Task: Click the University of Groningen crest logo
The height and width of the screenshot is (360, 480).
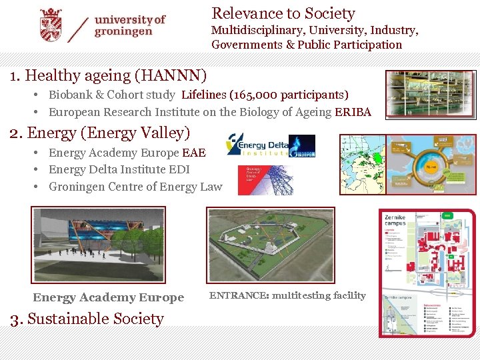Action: (x=50, y=25)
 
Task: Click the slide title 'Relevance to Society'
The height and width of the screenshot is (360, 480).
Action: (x=283, y=13)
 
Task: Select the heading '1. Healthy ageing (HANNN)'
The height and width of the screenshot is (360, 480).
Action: (x=109, y=75)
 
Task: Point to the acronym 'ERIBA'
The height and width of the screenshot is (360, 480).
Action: (x=353, y=112)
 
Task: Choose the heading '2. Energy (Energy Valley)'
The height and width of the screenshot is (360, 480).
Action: (x=100, y=133)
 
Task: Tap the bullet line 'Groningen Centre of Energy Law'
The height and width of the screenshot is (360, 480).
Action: (x=135, y=187)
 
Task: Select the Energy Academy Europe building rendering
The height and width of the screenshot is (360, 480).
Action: (x=98, y=245)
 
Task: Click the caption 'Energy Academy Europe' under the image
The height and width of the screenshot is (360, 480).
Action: (x=108, y=297)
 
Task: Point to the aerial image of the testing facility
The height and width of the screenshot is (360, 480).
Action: (x=289, y=244)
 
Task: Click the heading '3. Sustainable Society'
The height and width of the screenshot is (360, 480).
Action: (x=87, y=319)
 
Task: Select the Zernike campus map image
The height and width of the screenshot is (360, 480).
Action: (x=427, y=273)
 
